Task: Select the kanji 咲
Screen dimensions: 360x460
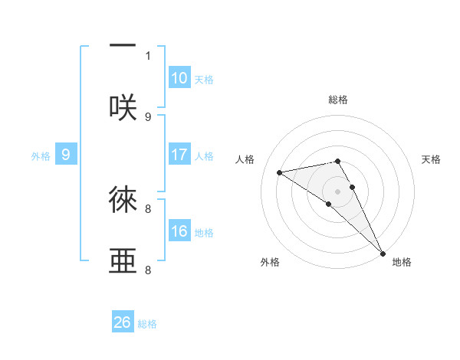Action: [123, 107]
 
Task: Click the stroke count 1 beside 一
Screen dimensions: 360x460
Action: [148, 55]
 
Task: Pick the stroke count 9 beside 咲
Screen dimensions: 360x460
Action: [148, 116]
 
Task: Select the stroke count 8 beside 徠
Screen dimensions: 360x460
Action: [148, 208]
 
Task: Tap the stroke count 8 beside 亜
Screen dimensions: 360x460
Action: [148, 270]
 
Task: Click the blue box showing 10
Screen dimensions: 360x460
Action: [179, 78]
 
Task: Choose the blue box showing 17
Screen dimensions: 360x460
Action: [179, 155]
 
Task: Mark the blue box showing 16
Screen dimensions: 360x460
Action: [179, 231]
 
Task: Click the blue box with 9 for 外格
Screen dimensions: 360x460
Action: [66, 155]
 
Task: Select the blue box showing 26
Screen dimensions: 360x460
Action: [123, 322]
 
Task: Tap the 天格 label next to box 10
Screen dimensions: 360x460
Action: [204, 80]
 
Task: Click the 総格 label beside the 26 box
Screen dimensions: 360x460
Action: [148, 324]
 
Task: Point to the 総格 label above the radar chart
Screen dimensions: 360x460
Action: [338, 100]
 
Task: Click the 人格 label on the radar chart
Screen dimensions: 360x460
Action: [245, 159]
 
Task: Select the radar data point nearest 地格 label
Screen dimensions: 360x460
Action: [383, 252]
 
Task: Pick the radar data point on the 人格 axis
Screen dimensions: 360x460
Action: [280, 172]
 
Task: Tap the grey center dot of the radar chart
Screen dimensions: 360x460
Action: [338, 191]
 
